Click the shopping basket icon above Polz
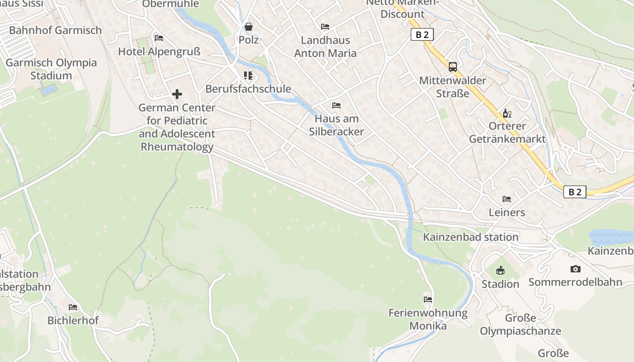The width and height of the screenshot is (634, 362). coord(249,27)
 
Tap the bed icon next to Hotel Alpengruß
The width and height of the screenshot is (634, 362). coord(159,38)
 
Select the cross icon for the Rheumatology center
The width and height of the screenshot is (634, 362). coord(177,94)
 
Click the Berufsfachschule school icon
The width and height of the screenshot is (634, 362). coord(248,75)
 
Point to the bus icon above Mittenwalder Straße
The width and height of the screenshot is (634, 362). coord(453,67)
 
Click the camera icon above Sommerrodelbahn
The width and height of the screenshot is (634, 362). coord(576,269)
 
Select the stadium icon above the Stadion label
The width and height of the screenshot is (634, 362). coord(500,271)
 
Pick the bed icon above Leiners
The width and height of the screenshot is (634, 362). coord(507,199)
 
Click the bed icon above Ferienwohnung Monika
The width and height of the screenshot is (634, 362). coord(428,299)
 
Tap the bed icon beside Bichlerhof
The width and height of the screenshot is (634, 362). coord(73,307)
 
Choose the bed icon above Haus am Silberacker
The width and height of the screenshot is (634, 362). coord(336,105)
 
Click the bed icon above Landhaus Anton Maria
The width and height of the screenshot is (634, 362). coord(325,27)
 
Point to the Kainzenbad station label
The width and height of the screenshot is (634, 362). coord(471,237)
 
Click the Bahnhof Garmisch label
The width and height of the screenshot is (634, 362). coord(55,30)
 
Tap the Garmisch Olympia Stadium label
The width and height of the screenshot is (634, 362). coord(51,69)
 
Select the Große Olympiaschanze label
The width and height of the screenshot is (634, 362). coord(520,324)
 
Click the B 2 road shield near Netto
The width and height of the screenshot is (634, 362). coord(422,35)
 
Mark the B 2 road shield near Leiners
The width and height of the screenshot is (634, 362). coord(575,192)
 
